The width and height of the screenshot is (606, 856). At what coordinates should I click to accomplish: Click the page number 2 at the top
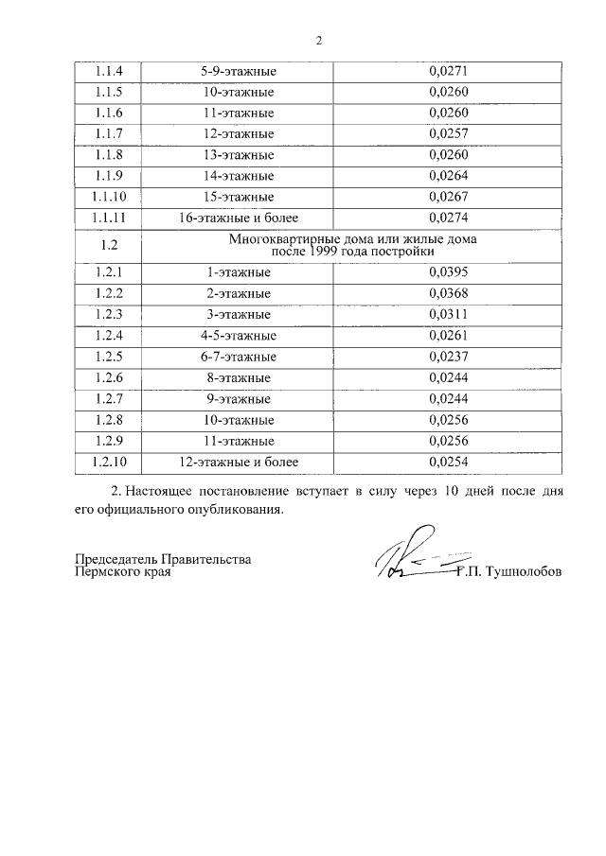[319, 41]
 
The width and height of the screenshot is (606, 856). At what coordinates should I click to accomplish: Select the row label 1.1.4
[109, 71]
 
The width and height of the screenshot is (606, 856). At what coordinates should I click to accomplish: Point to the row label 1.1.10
[109, 197]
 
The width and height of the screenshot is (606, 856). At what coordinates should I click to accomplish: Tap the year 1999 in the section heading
[320, 253]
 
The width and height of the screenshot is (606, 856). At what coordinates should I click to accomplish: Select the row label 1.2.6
[109, 377]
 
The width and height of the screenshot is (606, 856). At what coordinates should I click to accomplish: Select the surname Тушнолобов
[523, 572]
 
